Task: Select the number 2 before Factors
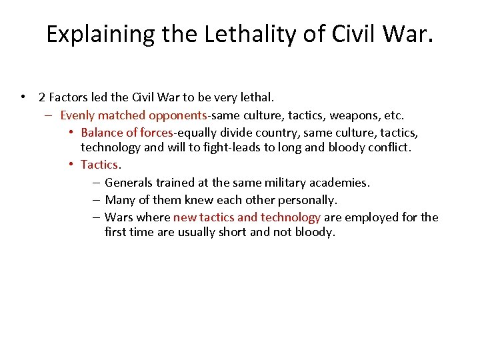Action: coord(42,97)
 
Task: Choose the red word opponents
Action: coord(178,115)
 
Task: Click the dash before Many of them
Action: coord(97,200)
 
